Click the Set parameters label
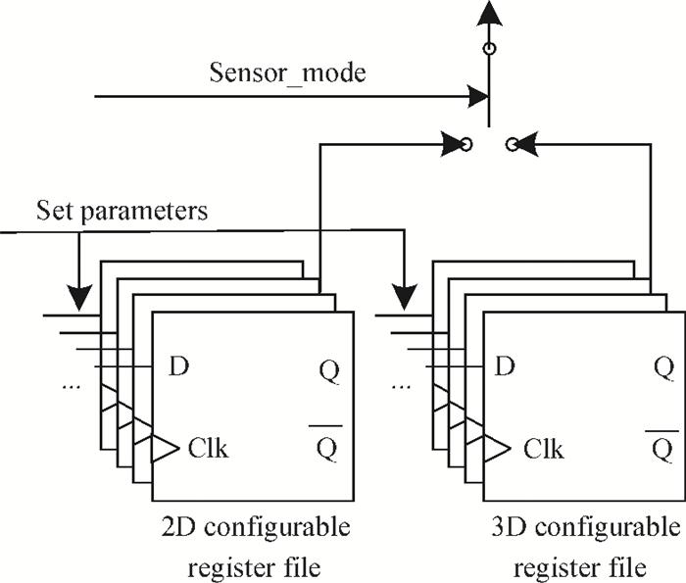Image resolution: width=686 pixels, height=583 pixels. (122, 211)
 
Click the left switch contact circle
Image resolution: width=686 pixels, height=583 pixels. (466, 145)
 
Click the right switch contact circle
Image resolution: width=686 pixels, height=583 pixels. (512, 145)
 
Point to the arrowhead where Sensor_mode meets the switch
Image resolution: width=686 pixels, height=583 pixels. (480, 96)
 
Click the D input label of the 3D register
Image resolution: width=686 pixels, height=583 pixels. (505, 367)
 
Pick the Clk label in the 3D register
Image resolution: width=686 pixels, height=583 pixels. (543, 450)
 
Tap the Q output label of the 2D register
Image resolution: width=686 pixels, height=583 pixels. (329, 369)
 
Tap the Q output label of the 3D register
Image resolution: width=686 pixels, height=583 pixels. (663, 369)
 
